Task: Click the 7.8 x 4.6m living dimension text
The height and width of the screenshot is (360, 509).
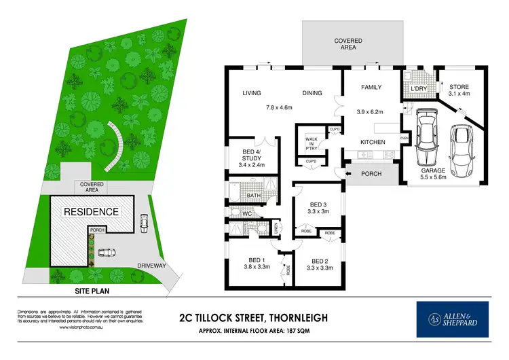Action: coord(279,107)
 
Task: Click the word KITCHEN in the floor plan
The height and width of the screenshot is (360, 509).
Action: coord(372,142)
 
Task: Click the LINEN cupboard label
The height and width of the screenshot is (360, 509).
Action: coord(275,230)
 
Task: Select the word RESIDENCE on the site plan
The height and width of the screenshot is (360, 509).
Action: coord(91,212)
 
